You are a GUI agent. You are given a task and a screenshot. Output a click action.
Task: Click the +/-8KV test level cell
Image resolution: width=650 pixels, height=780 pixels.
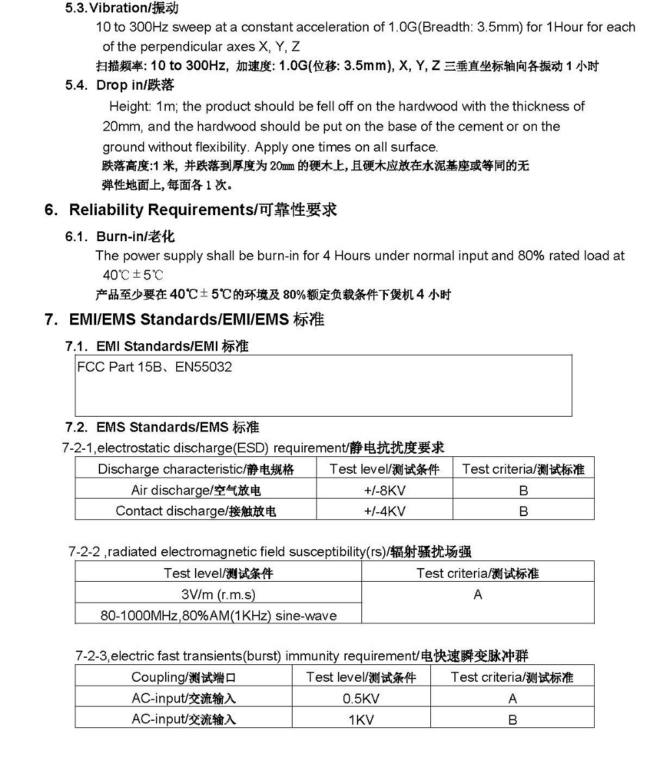click(x=384, y=490)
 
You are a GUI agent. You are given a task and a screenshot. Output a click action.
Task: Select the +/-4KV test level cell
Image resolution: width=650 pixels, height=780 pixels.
click(x=384, y=511)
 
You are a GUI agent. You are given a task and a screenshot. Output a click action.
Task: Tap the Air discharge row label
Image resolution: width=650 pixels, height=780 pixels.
click(x=196, y=490)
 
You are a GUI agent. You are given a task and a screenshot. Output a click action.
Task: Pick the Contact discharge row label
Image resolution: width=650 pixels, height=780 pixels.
click(x=196, y=511)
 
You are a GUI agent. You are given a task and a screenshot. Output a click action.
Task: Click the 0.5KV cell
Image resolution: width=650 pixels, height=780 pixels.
click(x=361, y=699)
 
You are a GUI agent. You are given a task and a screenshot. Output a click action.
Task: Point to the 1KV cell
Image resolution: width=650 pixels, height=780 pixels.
click(x=361, y=720)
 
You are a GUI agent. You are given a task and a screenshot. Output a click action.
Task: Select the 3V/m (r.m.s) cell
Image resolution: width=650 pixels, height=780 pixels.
click(x=218, y=594)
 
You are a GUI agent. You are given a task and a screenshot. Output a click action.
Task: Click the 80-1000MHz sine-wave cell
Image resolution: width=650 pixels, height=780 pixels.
click(x=218, y=615)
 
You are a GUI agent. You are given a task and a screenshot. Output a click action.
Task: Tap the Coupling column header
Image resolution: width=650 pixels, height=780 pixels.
click(x=183, y=677)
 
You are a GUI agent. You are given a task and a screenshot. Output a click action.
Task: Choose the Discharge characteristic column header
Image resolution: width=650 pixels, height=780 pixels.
click(x=196, y=469)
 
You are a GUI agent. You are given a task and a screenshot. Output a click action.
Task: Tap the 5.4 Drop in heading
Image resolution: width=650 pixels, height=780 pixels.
click(x=120, y=85)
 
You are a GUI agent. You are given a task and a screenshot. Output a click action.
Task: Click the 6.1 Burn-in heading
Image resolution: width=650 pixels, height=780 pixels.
click(x=120, y=236)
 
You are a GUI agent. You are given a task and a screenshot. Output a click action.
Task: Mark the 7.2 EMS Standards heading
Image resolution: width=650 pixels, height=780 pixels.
click(x=162, y=427)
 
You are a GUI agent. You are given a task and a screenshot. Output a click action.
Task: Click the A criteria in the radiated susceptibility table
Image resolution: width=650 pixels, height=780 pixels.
click(x=478, y=594)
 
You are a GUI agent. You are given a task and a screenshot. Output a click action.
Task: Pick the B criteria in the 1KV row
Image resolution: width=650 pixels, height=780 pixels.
click(x=512, y=720)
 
